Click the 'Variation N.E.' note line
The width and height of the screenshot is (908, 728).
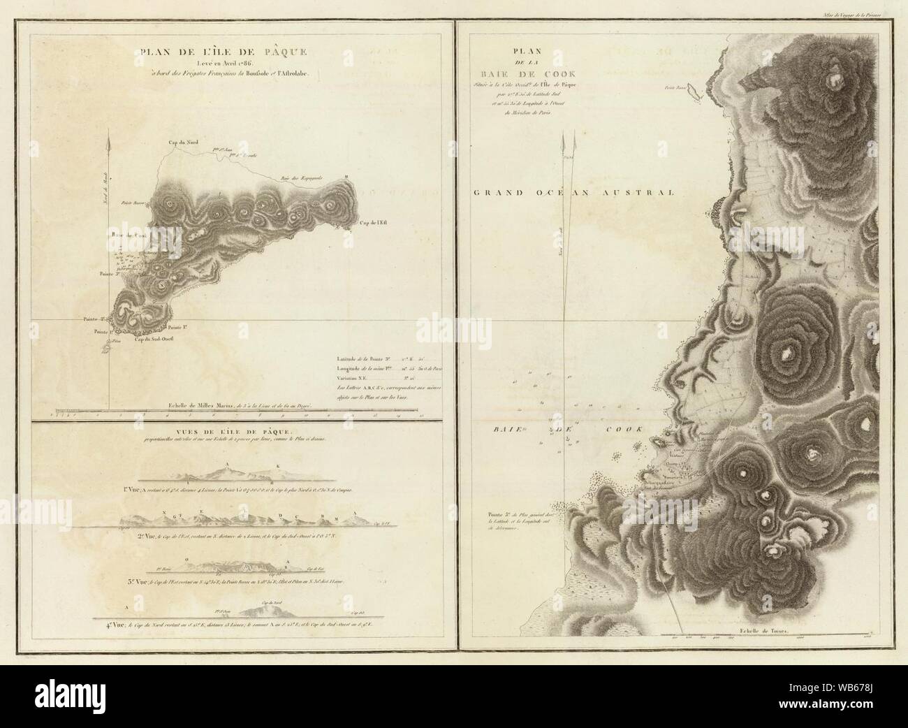coord(355,374)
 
